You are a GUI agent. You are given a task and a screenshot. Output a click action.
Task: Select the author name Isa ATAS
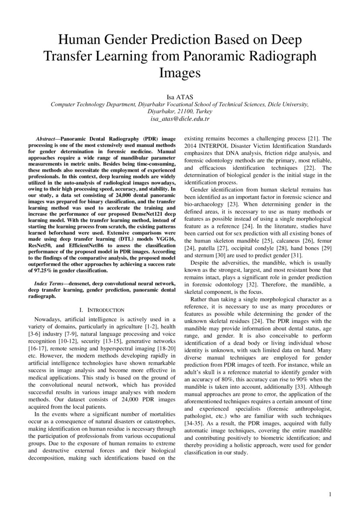coord(180,97)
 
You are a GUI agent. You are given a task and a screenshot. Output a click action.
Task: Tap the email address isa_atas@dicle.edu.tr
coord(180,118)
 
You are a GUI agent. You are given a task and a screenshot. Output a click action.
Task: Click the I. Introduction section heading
coord(102,310)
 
